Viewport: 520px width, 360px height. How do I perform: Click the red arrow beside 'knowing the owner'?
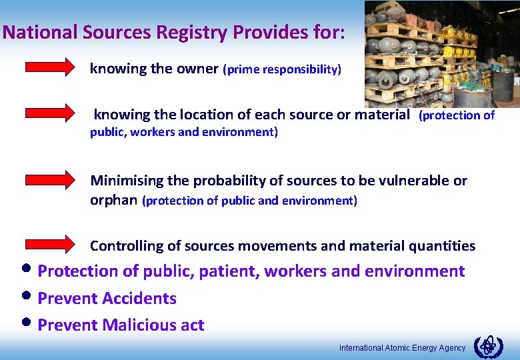point(51,67)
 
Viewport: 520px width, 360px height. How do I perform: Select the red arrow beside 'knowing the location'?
point(51,113)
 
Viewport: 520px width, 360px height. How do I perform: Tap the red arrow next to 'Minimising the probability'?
point(51,179)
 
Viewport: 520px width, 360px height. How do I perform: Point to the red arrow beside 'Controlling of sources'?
point(51,244)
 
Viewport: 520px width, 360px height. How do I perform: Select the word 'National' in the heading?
point(41,33)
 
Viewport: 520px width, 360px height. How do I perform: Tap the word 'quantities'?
point(444,246)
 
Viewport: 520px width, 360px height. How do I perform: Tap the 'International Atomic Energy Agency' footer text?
point(403,348)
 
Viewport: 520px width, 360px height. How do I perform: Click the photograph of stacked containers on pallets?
point(441,53)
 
